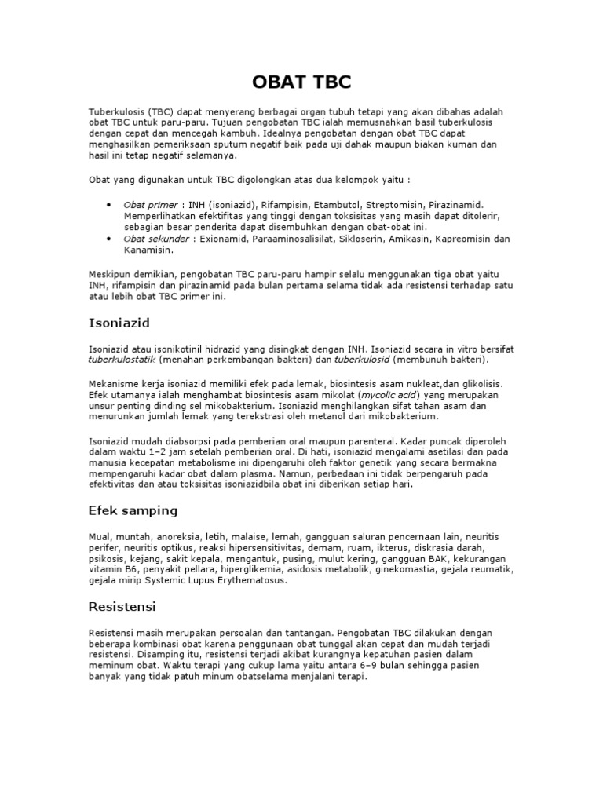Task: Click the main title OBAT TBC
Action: pyautogui.click(x=301, y=82)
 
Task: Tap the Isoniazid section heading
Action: pyautogui.click(x=119, y=323)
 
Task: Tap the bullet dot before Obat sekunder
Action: pyautogui.click(x=108, y=238)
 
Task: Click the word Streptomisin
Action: pyautogui.click(x=379, y=204)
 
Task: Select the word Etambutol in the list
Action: pyautogui.click(x=322, y=204)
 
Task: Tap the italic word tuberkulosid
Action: pyautogui.click(x=362, y=360)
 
